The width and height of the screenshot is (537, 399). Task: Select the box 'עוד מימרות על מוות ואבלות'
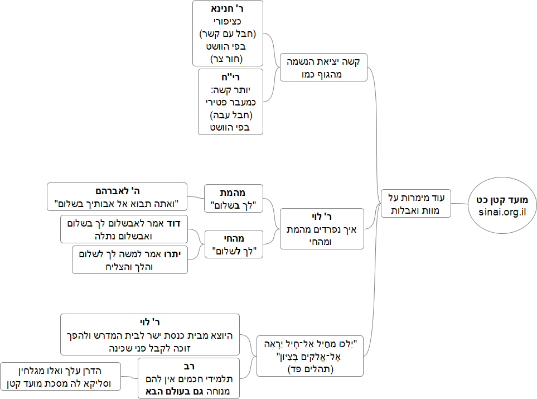pyautogui.click(x=416, y=204)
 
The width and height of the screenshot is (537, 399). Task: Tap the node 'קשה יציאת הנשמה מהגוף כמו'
pyautogui.click(x=323, y=67)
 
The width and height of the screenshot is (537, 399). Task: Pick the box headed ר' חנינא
pyautogui.click(x=227, y=33)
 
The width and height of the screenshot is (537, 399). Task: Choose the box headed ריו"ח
pyautogui.click(x=230, y=101)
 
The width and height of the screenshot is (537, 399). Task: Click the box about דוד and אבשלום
pyautogui.click(x=124, y=229)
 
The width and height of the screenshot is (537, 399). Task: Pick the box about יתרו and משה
pyautogui.click(x=130, y=259)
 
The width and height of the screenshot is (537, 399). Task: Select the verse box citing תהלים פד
pyautogui.click(x=309, y=355)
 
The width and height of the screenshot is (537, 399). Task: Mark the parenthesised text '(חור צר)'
pyautogui.click(x=227, y=59)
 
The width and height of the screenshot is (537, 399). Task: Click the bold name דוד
pyautogui.click(x=180, y=224)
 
